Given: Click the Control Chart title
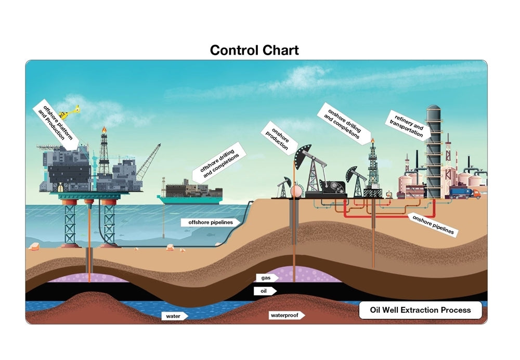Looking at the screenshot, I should point(254,50).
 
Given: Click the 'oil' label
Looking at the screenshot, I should point(265,291).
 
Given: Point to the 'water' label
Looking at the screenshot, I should point(174,316).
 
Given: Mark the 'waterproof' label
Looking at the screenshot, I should point(285,315).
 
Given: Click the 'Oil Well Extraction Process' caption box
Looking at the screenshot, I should point(420,310).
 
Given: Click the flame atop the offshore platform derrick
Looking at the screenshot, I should point(104,130).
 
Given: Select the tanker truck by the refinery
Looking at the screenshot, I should point(464,193).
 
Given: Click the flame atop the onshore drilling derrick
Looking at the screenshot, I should point(373,140).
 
